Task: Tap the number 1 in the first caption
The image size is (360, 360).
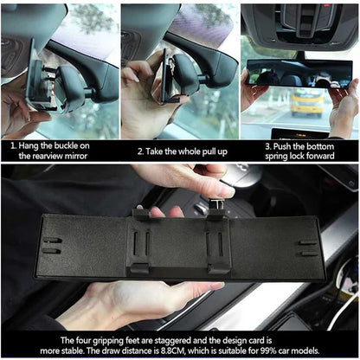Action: (14, 145)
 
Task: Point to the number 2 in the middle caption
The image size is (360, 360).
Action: (139, 151)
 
